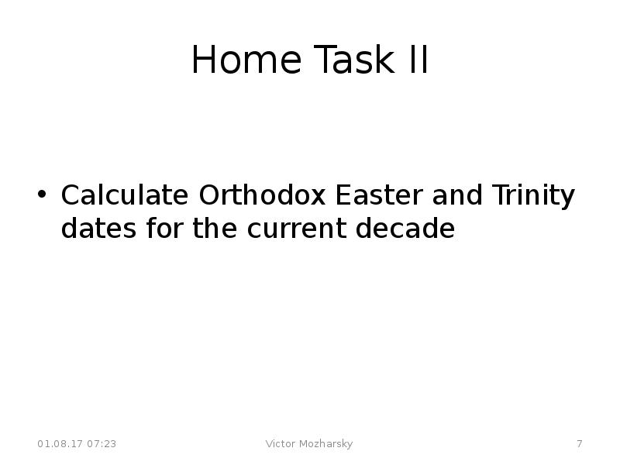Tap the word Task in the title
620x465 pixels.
coord(351,60)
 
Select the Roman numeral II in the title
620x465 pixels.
coord(415,60)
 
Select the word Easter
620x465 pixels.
coord(379,195)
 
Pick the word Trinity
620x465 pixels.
coord(533,197)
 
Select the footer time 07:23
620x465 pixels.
coord(102,444)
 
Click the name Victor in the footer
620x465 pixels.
coord(281,444)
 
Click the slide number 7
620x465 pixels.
coord(579,444)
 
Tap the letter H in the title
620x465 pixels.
coord(203,60)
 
